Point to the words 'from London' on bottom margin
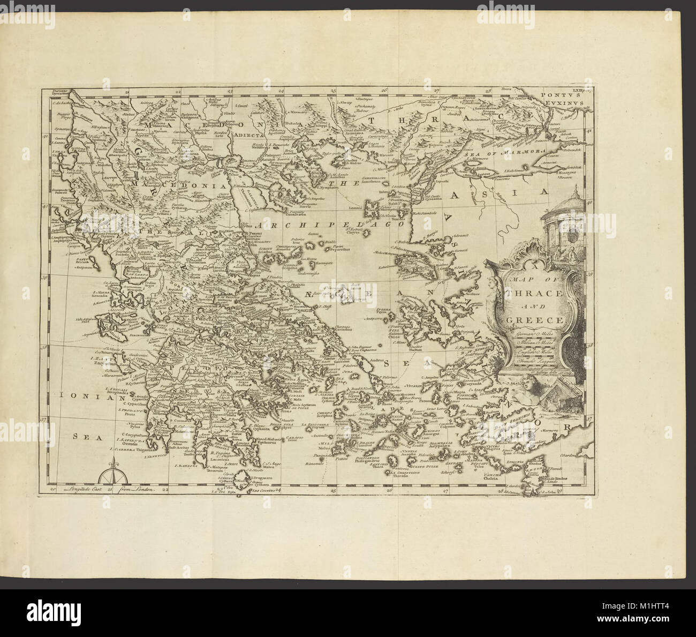point(138,489)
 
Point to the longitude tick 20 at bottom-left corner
point(52,489)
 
